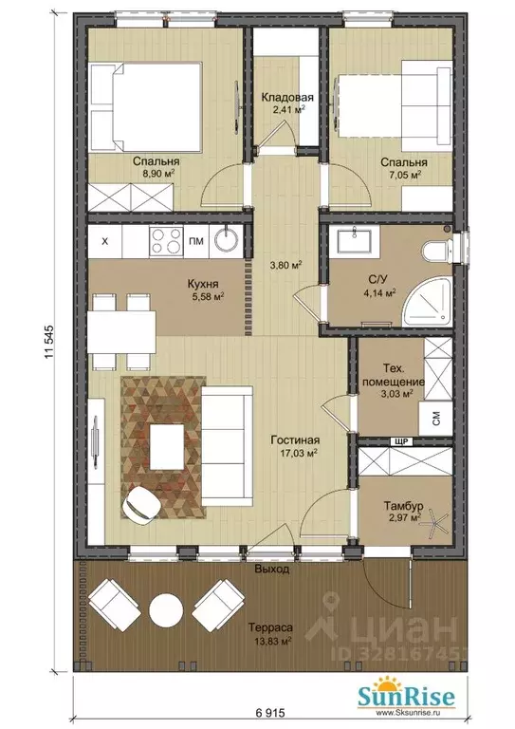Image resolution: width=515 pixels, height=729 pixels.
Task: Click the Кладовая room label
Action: [x=287, y=98]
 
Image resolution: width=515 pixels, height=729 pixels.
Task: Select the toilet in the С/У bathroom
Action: [x=437, y=252]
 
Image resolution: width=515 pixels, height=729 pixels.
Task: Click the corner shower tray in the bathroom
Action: [x=427, y=302]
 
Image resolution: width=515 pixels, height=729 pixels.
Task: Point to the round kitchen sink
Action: [x=226, y=240]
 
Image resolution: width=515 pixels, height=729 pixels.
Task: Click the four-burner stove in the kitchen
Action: [x=165, y=240]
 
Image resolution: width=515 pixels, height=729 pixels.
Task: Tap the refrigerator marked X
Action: [x=105, y=241]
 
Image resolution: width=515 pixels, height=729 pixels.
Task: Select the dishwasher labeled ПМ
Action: [x=196, y=241]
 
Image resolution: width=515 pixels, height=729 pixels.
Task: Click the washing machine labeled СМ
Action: [x=435, y=419]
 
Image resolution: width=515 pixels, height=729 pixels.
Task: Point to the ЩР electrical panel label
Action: [x=402, y=441]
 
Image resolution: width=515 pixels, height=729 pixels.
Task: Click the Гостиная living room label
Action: [x=295, y=439]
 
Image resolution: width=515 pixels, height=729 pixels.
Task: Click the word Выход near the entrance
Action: [x=272, y=569]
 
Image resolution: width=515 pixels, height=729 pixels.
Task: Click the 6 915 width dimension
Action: [x=270, y=712]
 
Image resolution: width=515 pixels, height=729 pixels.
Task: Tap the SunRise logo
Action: [x=406, y=696]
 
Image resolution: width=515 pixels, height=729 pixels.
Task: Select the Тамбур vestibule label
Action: [x=402, y=505]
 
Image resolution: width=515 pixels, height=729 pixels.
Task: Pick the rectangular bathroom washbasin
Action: [x=355, y=241]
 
